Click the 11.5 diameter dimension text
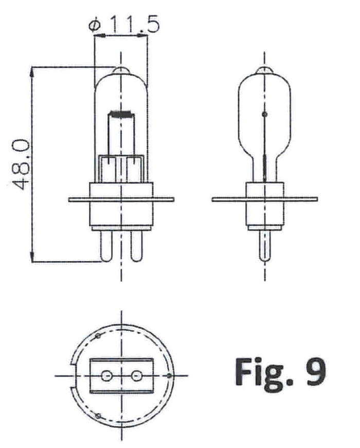pyautogui.click(x=134, y=24)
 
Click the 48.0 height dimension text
pyautogui.click(x=21, y=164)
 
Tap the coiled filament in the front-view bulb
pyautogui.click(x=121, y=114)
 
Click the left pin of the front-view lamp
pyautogui.click(x=106, y=246)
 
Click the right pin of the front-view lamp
pyautogui.click(x=136, y=246)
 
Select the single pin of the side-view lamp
pyautogui.click(x=264, y=246)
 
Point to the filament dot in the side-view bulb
pyautogui.click(x=265, y=114)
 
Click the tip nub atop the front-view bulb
pyautogui.click(x=121, y=70)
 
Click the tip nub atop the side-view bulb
pyautogui.click(x=264, y=70)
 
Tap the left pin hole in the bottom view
pyautogui.click(x=107, y=376)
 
